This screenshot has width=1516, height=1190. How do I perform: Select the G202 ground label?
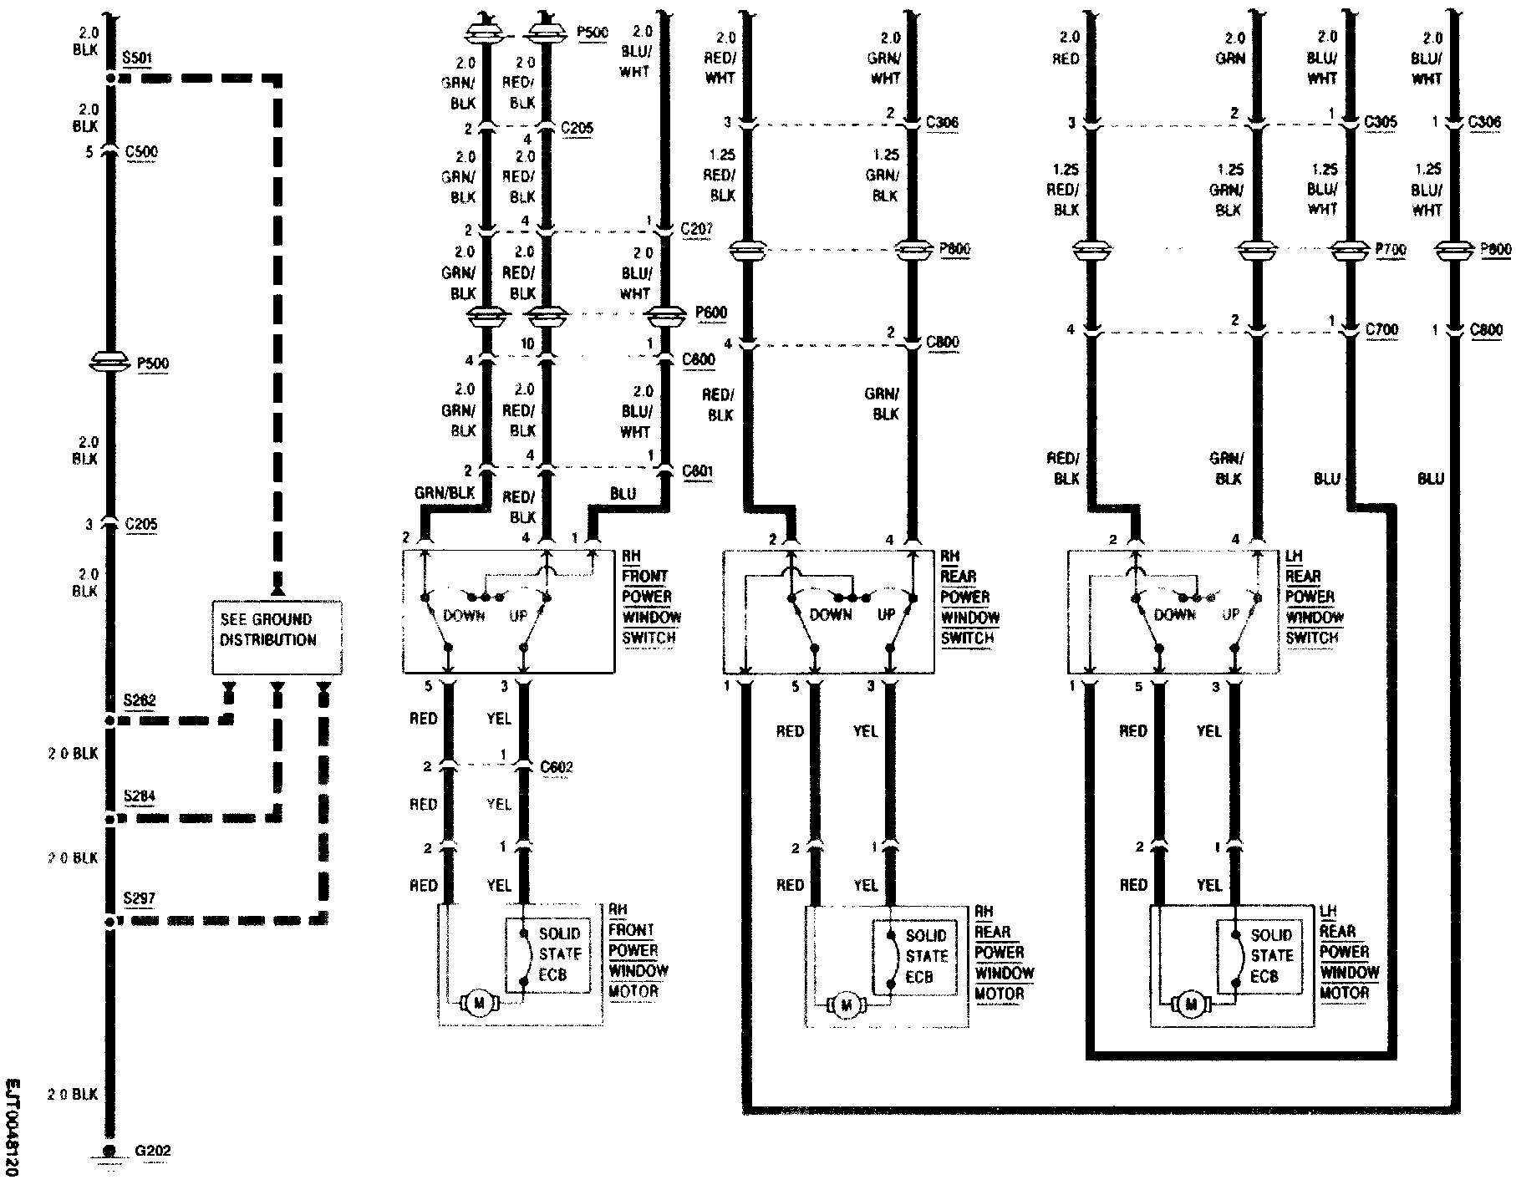(x=153, y=1151)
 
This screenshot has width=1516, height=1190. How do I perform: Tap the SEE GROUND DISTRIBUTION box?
(x=277, y=637)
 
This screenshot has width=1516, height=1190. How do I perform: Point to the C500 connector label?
(x=141, y=152)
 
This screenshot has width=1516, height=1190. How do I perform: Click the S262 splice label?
(x=140, y=700)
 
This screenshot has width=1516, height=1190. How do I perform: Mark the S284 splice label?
(x=140, y=796)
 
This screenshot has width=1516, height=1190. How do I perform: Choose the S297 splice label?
(x=140, y=899)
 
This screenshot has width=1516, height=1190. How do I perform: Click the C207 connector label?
(x=696, y=228)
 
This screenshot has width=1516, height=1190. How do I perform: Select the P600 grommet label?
(x=711, y=313)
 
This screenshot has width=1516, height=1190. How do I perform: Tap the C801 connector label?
(x=697, y=470)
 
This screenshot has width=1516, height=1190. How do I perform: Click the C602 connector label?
(x=557, y=766)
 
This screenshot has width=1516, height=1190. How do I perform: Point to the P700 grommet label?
(x=1391, y=249)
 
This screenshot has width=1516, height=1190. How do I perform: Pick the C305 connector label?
(x=1381, y=122)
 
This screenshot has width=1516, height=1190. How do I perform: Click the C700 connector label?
(x=1381, y=330)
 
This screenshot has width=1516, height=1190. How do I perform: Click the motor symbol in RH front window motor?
(x=479, y=1003)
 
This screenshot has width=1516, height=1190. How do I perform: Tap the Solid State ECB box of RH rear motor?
(x=915, y=957)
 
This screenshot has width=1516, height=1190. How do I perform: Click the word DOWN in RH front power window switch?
(x=464, y=615)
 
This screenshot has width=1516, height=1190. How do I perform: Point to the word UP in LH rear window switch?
(x=1230, y=614)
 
